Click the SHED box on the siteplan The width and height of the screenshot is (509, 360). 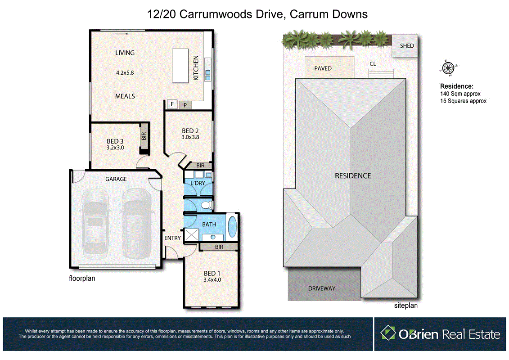coord(407,46)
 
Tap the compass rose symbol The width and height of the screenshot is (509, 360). coord(447,68)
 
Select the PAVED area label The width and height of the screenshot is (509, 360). coord(323,68)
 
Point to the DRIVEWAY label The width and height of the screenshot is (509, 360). coord(322,288)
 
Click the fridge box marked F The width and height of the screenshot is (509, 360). coord(171,104)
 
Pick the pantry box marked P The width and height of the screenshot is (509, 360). coord(185,105)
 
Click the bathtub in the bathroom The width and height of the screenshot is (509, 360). coord(232,227)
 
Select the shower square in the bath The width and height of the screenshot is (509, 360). coord(192,234)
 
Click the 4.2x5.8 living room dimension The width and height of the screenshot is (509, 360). coord(125,72)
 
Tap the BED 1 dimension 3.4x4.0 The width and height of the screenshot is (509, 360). coord(212,279)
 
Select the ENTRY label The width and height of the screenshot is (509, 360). coord(172,238)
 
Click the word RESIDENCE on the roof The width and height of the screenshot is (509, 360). coord(353,175)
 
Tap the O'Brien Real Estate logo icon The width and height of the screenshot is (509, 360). coord(387,333)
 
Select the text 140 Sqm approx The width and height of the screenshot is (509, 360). coord(460,94)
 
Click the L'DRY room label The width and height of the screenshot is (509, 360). coord(198,183)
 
